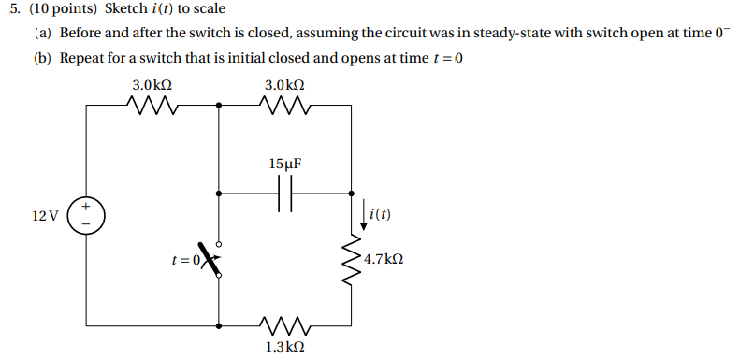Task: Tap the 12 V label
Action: pos(44,216)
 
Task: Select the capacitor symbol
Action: pos(285,194)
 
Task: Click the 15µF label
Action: pos(285,164)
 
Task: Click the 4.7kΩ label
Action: pos(384,259)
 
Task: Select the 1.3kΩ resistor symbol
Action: pos(284,326)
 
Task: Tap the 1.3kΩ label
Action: pos(284,347)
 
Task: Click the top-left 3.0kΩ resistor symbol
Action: pos(152,105)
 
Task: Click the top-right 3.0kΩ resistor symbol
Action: pos(284,105)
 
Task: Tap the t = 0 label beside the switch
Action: pos(184,261)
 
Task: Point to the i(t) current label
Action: pos(380,214)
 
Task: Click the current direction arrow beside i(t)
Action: pos(363,216)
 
